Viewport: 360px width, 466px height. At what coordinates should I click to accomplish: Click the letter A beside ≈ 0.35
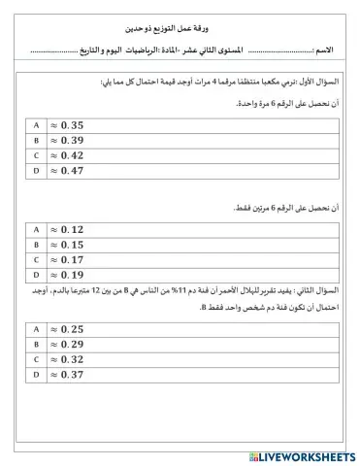(37, 125)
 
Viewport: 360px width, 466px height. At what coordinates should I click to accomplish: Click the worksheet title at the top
(180, 32)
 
